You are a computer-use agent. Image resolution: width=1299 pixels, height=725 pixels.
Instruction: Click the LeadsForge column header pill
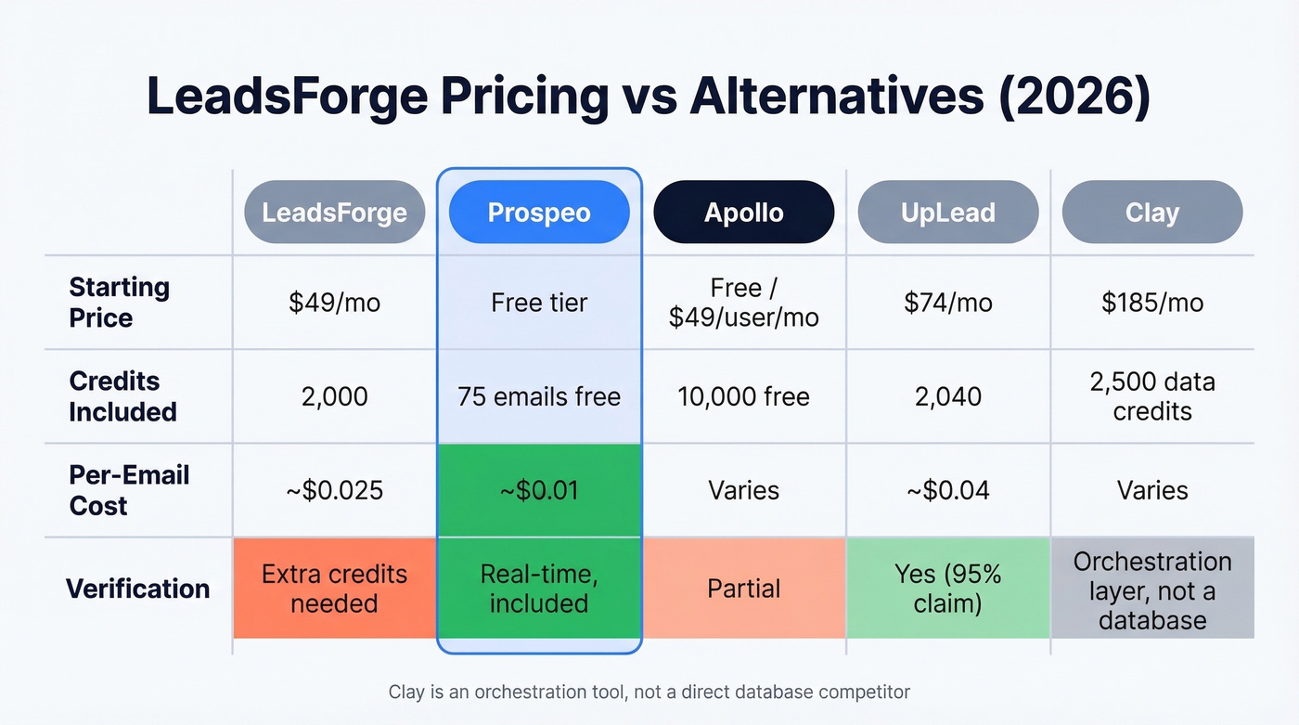click(334, 212)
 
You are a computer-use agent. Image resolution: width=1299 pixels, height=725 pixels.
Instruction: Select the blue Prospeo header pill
click(539, 212)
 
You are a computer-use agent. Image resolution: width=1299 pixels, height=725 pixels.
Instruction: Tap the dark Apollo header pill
click(743, 212)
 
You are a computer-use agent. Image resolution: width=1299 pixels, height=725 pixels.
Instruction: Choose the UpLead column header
click(947, 212)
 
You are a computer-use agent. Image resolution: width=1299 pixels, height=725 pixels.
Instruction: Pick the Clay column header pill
click(1151, 212)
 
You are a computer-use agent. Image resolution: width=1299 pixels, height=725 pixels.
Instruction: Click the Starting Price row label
click(119, 303)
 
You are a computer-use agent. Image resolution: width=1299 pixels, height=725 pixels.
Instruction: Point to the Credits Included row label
click(122, 396)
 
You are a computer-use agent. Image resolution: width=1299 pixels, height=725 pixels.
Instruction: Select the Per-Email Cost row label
click(128, 490)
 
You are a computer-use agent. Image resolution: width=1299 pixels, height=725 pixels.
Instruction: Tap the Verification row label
click(137, 589)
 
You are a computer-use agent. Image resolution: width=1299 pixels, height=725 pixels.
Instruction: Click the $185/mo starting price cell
click(1151, 303)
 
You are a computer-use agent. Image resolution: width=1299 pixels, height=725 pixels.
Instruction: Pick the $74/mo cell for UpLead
click(947, 303)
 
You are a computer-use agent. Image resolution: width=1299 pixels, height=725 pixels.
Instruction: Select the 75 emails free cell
click(539, 396)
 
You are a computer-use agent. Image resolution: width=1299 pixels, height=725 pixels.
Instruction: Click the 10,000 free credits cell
click(743, 396)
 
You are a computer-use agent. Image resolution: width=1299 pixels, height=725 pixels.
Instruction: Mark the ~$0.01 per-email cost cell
click(539, 490)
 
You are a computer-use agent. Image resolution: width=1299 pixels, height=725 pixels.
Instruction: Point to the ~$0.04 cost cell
click(947, 490)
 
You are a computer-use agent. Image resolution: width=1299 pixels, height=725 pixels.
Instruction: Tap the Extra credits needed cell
click(334, 589)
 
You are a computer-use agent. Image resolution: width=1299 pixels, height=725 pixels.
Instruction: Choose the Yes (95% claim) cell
click(947, 589)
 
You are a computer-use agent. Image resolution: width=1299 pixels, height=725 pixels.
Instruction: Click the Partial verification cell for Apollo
click(743, 589)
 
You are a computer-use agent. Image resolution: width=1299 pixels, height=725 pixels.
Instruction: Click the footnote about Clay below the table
click(649, 692)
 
